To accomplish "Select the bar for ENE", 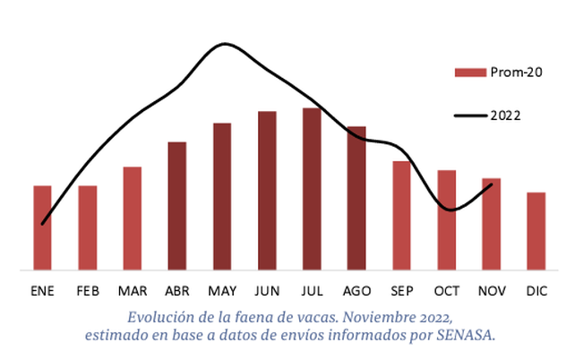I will click(42, 227).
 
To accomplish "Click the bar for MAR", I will click(133, 218).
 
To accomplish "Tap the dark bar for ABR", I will click(177, 205).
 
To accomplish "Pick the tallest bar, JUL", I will click(312, 188).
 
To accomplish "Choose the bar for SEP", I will click(401, 215).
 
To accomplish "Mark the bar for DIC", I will click(536, 230).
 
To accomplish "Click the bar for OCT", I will click(446, 219).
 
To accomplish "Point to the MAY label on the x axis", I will click(222, 291).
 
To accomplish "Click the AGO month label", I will click(356, 291).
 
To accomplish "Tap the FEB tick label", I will click(88, 291).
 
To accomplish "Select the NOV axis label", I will click(491, 291).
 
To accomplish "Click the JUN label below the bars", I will click(267, 291).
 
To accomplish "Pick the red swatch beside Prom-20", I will click(469, 72).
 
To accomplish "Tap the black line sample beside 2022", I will click(469, 116).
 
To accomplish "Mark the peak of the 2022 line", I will click(224, 44).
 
